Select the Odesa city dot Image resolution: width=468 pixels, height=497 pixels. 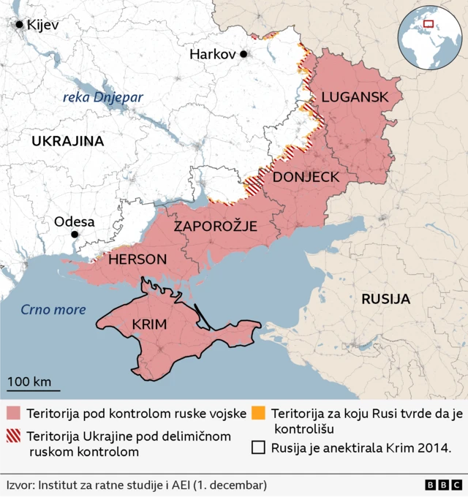point(74,235)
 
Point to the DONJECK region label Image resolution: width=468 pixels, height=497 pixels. point(306,177)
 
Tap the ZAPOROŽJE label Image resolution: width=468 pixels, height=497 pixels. point(215,227)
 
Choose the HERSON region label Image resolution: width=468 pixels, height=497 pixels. point(137,259)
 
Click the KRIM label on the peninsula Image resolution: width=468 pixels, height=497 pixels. point(150,325)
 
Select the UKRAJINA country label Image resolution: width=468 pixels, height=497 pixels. point(67,141)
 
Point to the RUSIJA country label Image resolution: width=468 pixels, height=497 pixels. point(385,298)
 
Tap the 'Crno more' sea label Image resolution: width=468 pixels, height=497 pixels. point(53,309)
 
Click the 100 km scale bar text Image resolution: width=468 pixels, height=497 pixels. point(29,381)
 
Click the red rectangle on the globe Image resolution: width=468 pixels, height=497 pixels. point(429,24)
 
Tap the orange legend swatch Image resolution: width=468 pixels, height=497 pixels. point(257,414)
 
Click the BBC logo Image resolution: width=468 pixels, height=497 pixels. point(441,485)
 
